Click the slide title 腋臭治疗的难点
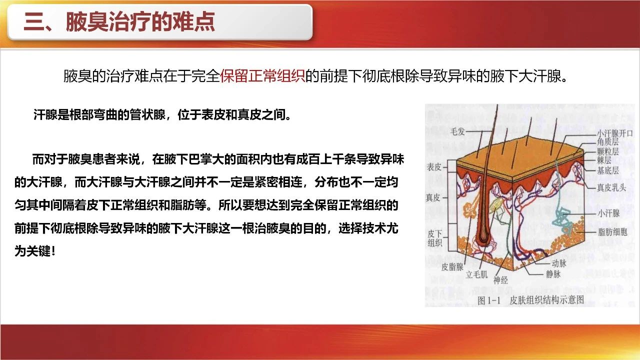point(140,21)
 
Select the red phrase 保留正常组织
point(262,76)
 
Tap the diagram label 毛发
point(457,131)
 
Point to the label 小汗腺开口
point(615,133)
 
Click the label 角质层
point(607,141)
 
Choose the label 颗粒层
point(607,151)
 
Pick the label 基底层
point(607,170)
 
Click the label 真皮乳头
point(611,187)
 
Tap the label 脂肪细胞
point(612,231)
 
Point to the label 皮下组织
point(435,238)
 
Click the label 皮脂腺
point(452,267)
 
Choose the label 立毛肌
point(476,274)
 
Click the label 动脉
point(559,263)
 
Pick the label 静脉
point(553,274)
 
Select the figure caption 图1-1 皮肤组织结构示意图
point(531,300)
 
